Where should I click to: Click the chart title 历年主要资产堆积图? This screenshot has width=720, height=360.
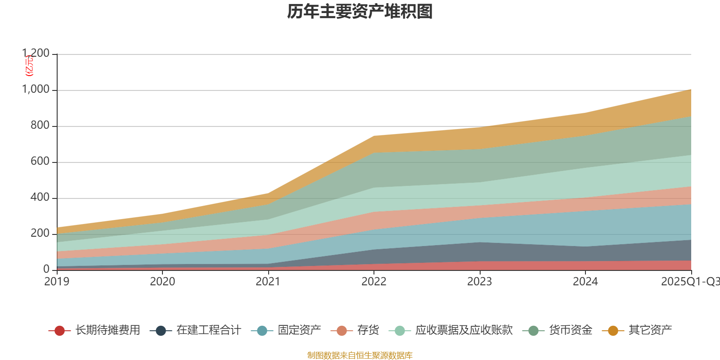click(360, 12)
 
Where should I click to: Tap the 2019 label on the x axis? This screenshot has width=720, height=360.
click(57, 282)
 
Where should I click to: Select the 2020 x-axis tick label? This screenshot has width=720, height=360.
click(162, 282)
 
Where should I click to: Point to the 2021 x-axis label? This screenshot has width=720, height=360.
click(268, 282)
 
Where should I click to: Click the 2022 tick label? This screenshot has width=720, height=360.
click(374, 282)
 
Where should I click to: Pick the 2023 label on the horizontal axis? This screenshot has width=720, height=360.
click(480, 282)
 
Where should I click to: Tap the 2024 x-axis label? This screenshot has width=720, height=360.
click(585, 282)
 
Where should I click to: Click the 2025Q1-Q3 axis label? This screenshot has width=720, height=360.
click(690, 282)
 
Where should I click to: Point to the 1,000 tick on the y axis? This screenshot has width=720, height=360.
click(36, 90)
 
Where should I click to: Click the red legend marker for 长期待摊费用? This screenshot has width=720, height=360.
click(59, 331)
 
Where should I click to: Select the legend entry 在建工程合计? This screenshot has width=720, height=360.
click(208, 330)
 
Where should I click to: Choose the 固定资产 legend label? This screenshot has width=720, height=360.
click(299, 330)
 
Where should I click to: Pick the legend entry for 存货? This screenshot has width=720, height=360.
click(368, 330)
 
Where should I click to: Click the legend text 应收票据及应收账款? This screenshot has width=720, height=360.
click(463, 330)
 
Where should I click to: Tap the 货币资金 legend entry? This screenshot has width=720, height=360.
click(570, 330)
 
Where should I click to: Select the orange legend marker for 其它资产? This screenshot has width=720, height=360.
click(613, 331)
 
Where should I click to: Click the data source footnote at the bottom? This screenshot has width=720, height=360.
click(360, 355)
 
